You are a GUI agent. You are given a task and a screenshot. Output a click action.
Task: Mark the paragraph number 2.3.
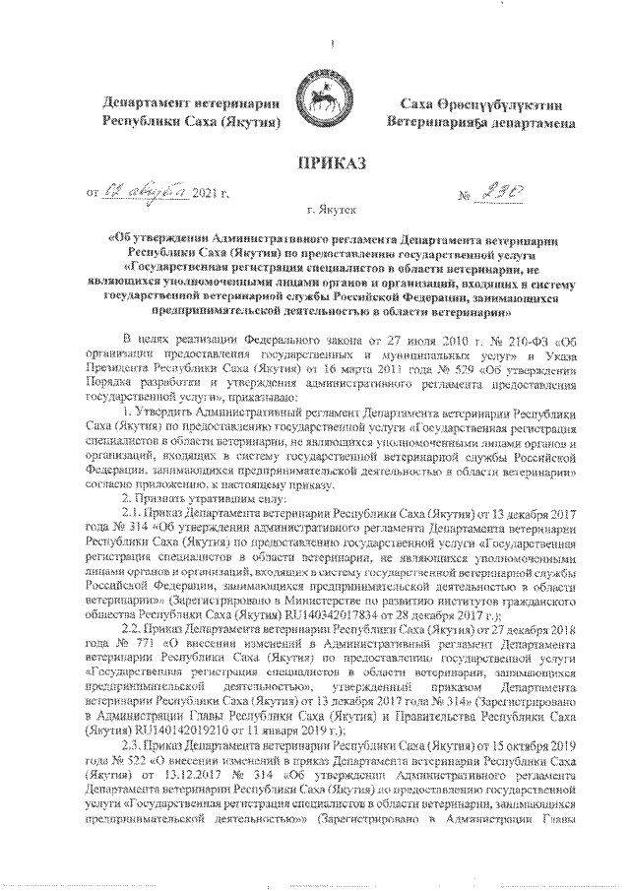click(x=132, y=744)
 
